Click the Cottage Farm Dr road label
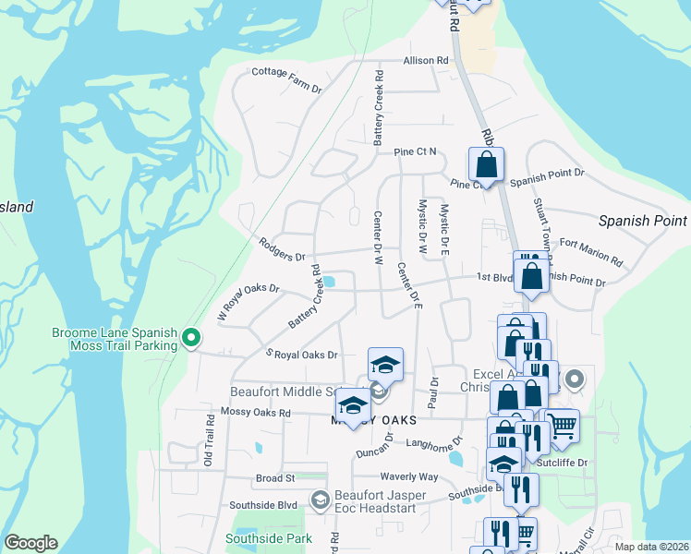(x=286, y=80)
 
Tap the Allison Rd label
(x=425, y=61)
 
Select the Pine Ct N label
(x=415, y=151)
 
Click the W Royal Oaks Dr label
(x=248, y=300)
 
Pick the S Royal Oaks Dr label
(x=302, y=355)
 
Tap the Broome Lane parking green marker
(x=192, y=338)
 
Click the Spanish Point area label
(x=642, y=221)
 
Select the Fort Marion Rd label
(x=590, y=253)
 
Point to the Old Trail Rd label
(x=210, y=439)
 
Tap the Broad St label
(x=274, y=478)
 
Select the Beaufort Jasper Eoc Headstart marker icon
(x=320, y=500)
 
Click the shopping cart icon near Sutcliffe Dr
(x=562, y=426)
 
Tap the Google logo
(x=30, y=542)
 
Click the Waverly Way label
(x=408, y=476)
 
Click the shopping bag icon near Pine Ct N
(x=486, y=165)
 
